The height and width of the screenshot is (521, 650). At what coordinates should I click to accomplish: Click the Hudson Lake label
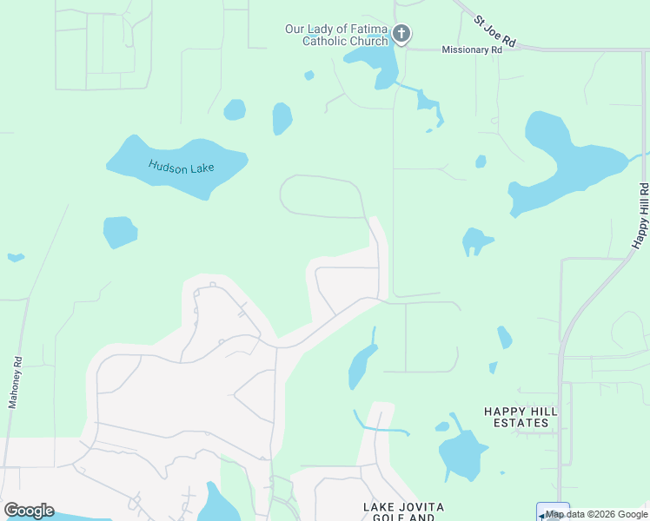point(181,166)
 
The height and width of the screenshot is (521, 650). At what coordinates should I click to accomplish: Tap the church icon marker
point(401,35)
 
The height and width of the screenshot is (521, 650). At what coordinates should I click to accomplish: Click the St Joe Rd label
point(495,30)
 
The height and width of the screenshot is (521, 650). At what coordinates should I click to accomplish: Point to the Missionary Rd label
point(472,50)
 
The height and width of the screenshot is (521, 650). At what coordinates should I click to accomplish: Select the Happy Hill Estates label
point(518,416)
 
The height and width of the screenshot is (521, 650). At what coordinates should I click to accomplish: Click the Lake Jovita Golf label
point(404,512)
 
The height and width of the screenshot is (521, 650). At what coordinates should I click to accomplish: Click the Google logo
point(29,511)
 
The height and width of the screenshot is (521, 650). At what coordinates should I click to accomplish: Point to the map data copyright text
point(597,514)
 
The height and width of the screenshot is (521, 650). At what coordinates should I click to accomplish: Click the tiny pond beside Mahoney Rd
point(16,257)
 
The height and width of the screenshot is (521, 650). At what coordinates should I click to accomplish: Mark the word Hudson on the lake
point(165,164)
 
